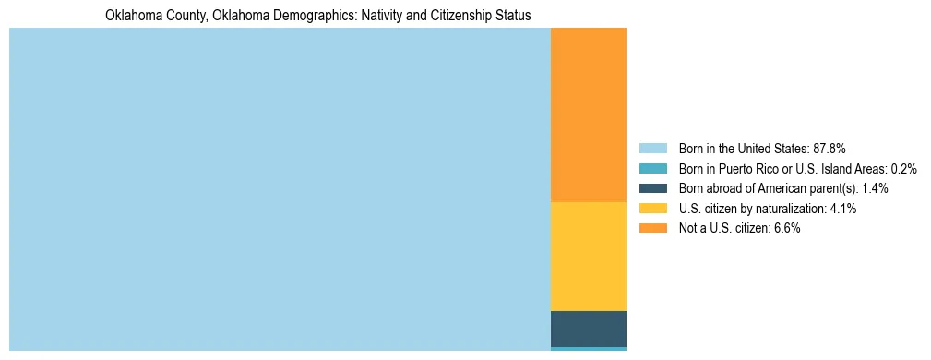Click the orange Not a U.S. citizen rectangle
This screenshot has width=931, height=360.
click(x=588, y=114)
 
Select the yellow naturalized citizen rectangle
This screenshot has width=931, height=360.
click(x=588, y=256)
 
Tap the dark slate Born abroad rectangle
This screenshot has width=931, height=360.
click(x=588, y=329)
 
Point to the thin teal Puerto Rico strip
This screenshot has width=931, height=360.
click(x=588, y=349)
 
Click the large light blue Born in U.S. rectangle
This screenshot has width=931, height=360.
click(x=280, y=189)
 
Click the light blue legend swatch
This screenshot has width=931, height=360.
click(x=652, y=149)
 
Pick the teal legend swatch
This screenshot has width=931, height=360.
click(x=652, y=169)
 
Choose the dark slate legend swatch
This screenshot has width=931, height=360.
click(x=652, y=188)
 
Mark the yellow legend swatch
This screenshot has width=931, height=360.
click(x=652, y=209)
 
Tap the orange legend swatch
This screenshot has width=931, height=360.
click(x=652, y=228)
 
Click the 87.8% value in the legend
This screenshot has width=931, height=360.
click(x=830, y=149)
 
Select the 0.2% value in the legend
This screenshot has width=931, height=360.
click(x=904, y=169)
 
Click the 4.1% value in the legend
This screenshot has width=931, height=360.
click(x=843, y=209)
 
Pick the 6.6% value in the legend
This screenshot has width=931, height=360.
click(x=787, y=228)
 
